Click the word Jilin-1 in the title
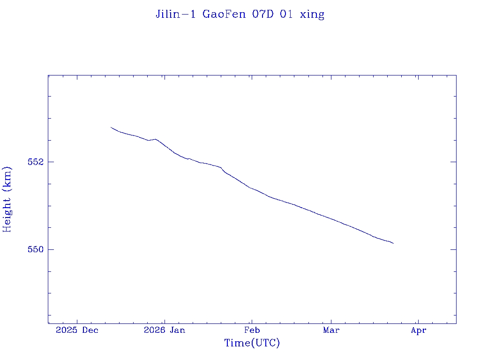(176, 14)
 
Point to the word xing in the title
(312, 15)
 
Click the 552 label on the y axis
(35, 162)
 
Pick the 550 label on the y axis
(35, 249)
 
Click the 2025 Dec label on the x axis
(77, 330)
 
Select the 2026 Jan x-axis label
(164, 330)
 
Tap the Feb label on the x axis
(252, 330)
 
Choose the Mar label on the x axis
(331, 330)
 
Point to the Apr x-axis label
(418, 330)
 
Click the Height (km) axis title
(7, 199)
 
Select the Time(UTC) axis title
(252, 343)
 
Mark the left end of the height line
(111, 127)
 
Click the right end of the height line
(393, 243)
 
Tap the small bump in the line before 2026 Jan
(155, 139)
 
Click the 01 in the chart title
(287, 14)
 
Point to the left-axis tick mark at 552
(50, 162)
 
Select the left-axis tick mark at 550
(50, 249)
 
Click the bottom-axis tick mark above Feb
(252, 321)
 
